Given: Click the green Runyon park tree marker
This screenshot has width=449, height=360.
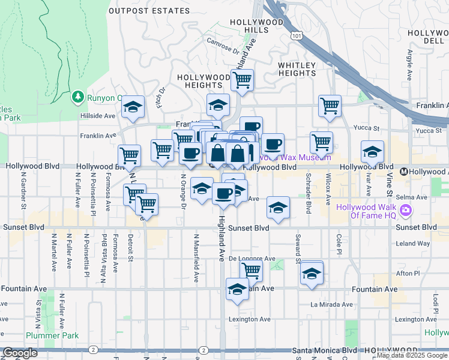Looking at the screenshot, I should pyautogui.click(x=77, y=96).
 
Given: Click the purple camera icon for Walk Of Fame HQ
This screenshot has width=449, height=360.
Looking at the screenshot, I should pyautogui.click(x=406, y=211).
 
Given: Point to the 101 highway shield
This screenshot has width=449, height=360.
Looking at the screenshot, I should pyautogui.click(x=295, y=37).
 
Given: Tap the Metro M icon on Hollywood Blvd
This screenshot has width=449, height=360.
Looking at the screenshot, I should pyautogui.click(x=404, y=171).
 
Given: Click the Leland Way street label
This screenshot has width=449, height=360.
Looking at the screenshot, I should pyautogui.click(x=414, y=244).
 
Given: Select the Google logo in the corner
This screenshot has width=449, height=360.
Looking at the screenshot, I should pyautogui.click(x=20, y=353).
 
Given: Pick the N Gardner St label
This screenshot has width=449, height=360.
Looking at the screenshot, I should pyautogui.click(x=24, y=193).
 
